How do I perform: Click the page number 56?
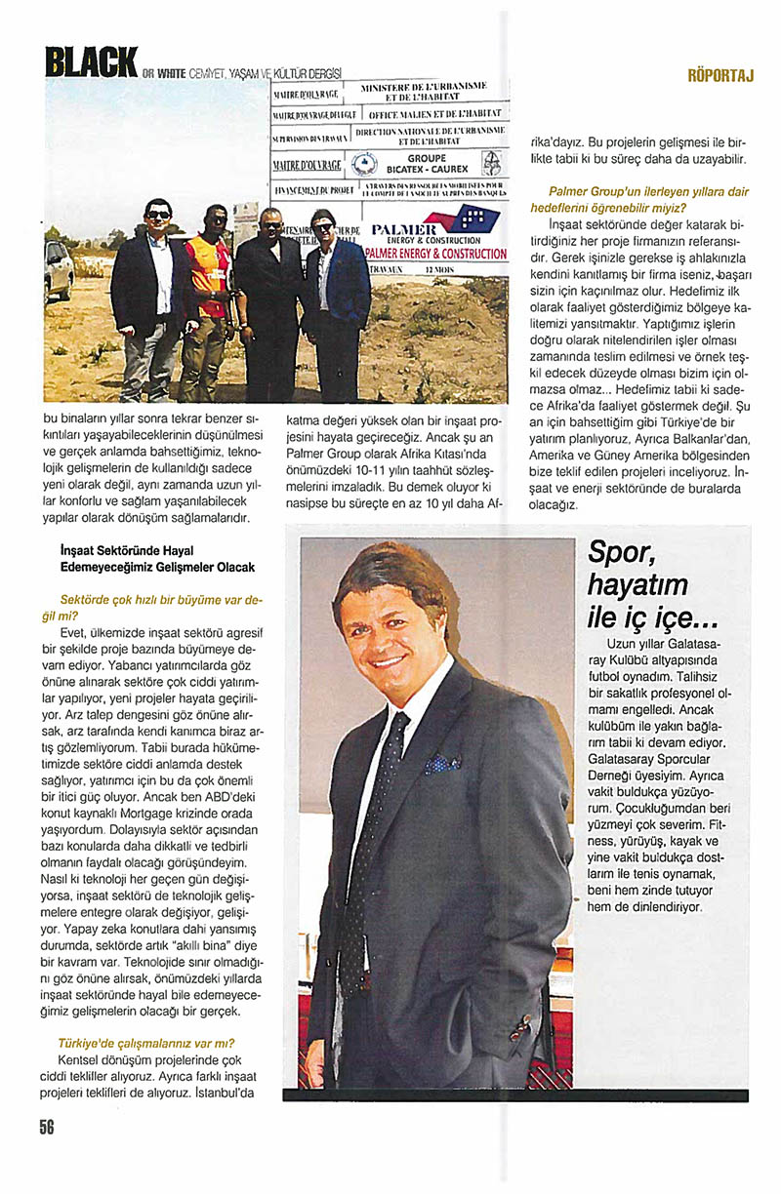pyautogui.click(x=47, y=1126)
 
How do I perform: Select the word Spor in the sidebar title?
pyautogui.click(x=620, y=554)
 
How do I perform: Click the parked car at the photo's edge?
pyautogui.click(x=58, y=270)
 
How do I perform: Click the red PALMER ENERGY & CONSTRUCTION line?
pyautogui.click(x=435, y=254)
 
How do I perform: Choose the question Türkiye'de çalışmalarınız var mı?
pyautogui.click(x=146, y=1043)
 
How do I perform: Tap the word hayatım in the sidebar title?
pyautogui.click(x=638, y=586)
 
